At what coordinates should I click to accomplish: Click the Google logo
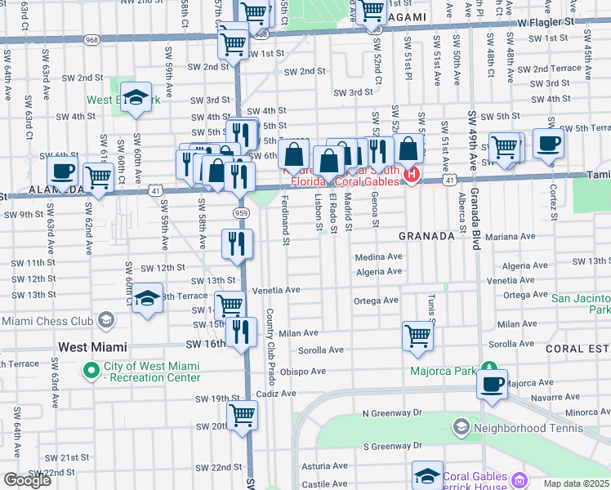pyautogui.click(x=27, y=480)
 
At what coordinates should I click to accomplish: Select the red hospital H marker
pyautogui.click(x=413, y=174)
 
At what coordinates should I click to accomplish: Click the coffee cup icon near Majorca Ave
pyautogui.click(x=493, y=385)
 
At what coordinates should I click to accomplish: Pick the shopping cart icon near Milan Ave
pyautogui.click(x=417, y=336)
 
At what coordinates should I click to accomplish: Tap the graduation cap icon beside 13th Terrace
pyautogui.click(x=147, y=299)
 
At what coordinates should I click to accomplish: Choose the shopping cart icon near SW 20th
pyautogui.click(x=243, y=416)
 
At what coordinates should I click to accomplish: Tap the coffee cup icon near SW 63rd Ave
pyautogui.click(x=62, y=173)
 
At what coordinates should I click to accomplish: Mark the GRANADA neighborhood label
pyautogui.click(x=426, y=235)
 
